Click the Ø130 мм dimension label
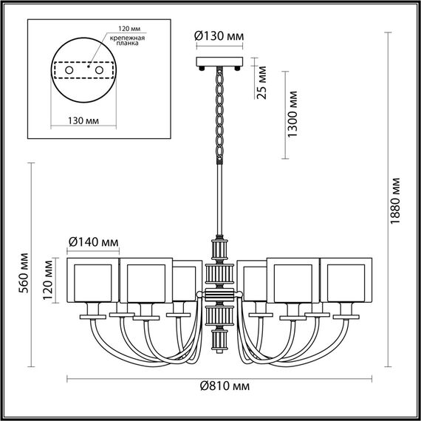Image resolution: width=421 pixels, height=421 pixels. [x=219, y=37]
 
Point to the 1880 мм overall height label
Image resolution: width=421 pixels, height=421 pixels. [x=396, y=201]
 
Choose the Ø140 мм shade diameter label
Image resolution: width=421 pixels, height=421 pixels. [x=93, y=241]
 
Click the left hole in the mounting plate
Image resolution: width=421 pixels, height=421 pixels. [x=69, y=69]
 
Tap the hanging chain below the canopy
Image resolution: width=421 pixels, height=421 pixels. [x=219, y=111]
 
